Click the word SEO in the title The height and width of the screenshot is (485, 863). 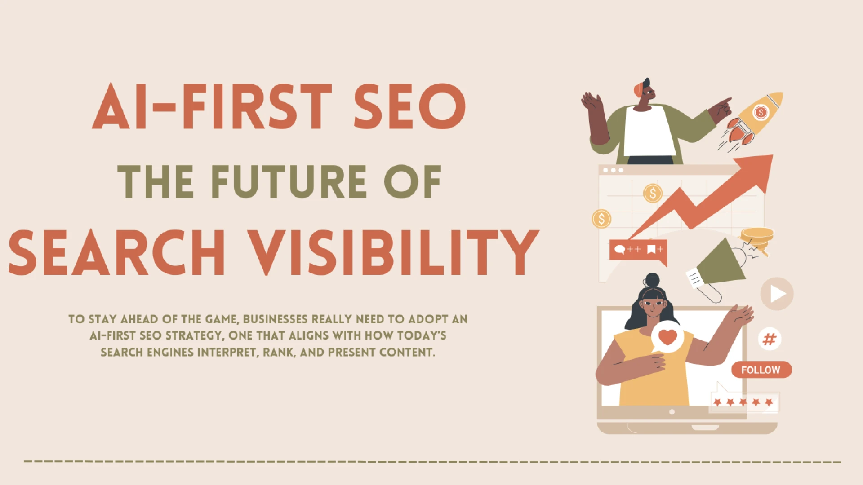tap(409, 106)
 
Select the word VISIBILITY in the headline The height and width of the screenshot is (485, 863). tap(393, 252)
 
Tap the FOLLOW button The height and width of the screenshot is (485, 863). tap(761, 370)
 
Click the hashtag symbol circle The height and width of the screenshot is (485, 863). tap(770, 339)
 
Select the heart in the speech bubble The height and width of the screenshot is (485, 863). tap(667, 337)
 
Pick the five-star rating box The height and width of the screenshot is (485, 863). tap(744, 402)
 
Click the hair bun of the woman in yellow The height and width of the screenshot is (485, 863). tap(652, 280)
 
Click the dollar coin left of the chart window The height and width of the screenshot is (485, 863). tap(601, 219)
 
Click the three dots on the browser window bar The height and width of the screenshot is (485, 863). tap(613, 170)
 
